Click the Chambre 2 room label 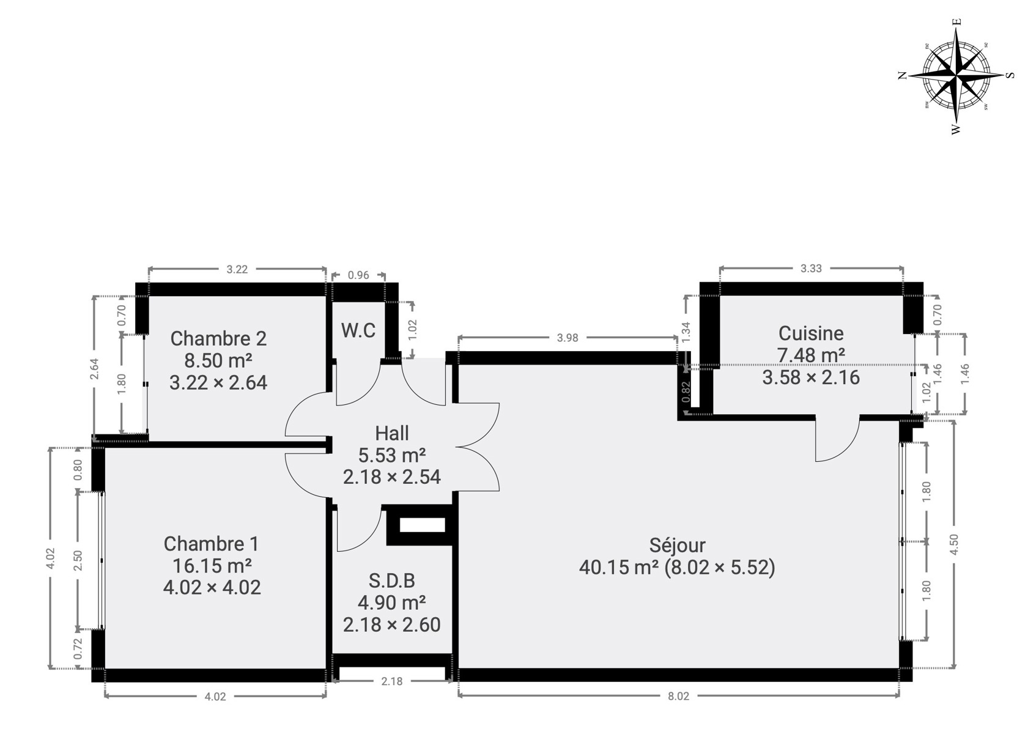(x=218, y=339)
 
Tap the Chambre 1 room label (x=211, y=544)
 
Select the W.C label (x=358, y=330)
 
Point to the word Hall (x=392, y=433)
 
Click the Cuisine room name (x=811, y=333)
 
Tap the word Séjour (x=678, y=545)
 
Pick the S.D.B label (x=392, y=580)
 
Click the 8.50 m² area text (x=218, y=361)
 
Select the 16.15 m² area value (x=212, y=566)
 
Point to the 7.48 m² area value (x=811, y=355)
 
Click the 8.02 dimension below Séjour (x=678, y=696)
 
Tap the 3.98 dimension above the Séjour (x=568, y=338)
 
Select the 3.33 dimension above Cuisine (x=811, y=269)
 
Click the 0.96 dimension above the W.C (x=358, y=275)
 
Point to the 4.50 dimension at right (x=954, y=544)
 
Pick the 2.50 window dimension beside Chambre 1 (x=78, y=560)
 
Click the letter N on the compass (x=903, y=75)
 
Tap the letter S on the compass (x=1010, y=75)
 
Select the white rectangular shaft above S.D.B (x=422, y=525)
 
